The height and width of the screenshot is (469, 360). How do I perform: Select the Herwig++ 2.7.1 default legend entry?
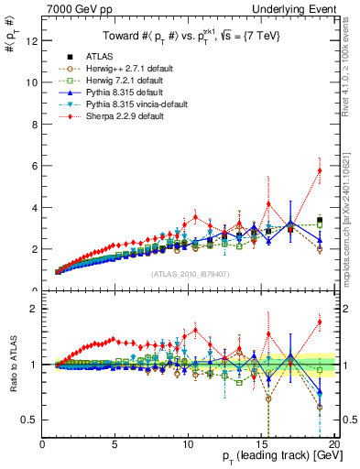click(x=115, y=69)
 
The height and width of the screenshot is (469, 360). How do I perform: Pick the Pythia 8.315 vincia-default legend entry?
click(x=123, y=104)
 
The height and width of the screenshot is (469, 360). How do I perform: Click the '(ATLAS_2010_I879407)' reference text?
click(x=189, y=273)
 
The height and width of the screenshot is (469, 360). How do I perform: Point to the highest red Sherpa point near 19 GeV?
click(x=320, y=170)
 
